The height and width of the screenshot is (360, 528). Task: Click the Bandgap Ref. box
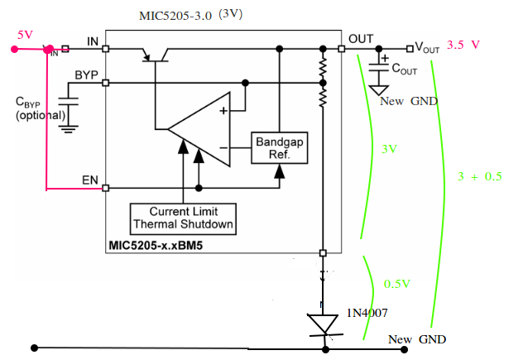(x=279, y=147)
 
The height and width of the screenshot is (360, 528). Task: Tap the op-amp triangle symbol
(x=198, y=129)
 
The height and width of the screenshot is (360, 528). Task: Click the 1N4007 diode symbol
(x=324, y=324)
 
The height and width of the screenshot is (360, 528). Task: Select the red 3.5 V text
(x=464, y=46)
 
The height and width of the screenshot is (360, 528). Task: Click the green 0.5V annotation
(x=398, y=284)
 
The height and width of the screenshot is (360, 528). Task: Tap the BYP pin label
(x=86, y=74)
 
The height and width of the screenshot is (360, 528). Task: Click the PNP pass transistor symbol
(x=156, y=54)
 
